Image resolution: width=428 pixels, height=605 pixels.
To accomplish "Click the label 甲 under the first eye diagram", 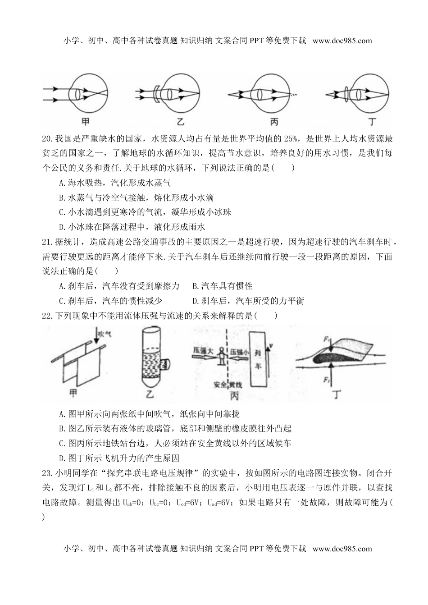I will click(85, 122).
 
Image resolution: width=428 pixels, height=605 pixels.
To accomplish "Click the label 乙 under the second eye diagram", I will click(180, 122).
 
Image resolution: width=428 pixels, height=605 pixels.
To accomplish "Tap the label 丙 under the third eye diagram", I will click(274, 122).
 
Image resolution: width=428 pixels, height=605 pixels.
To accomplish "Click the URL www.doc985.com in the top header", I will click(342, 41).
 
